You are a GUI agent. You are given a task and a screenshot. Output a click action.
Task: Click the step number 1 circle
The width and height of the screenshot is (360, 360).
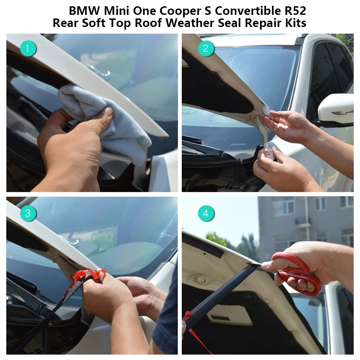click(x=27, y=48)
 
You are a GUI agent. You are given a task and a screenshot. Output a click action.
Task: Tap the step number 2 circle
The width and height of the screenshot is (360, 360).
click(x=206, y=48)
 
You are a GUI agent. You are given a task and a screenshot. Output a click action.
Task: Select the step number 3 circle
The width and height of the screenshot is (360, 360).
click(x=27, y=213)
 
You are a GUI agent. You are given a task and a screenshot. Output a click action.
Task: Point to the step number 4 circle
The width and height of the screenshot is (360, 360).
click(x=206, y=213)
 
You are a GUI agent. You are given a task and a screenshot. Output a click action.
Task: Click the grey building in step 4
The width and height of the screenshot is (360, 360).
click(x=306, y=225)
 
